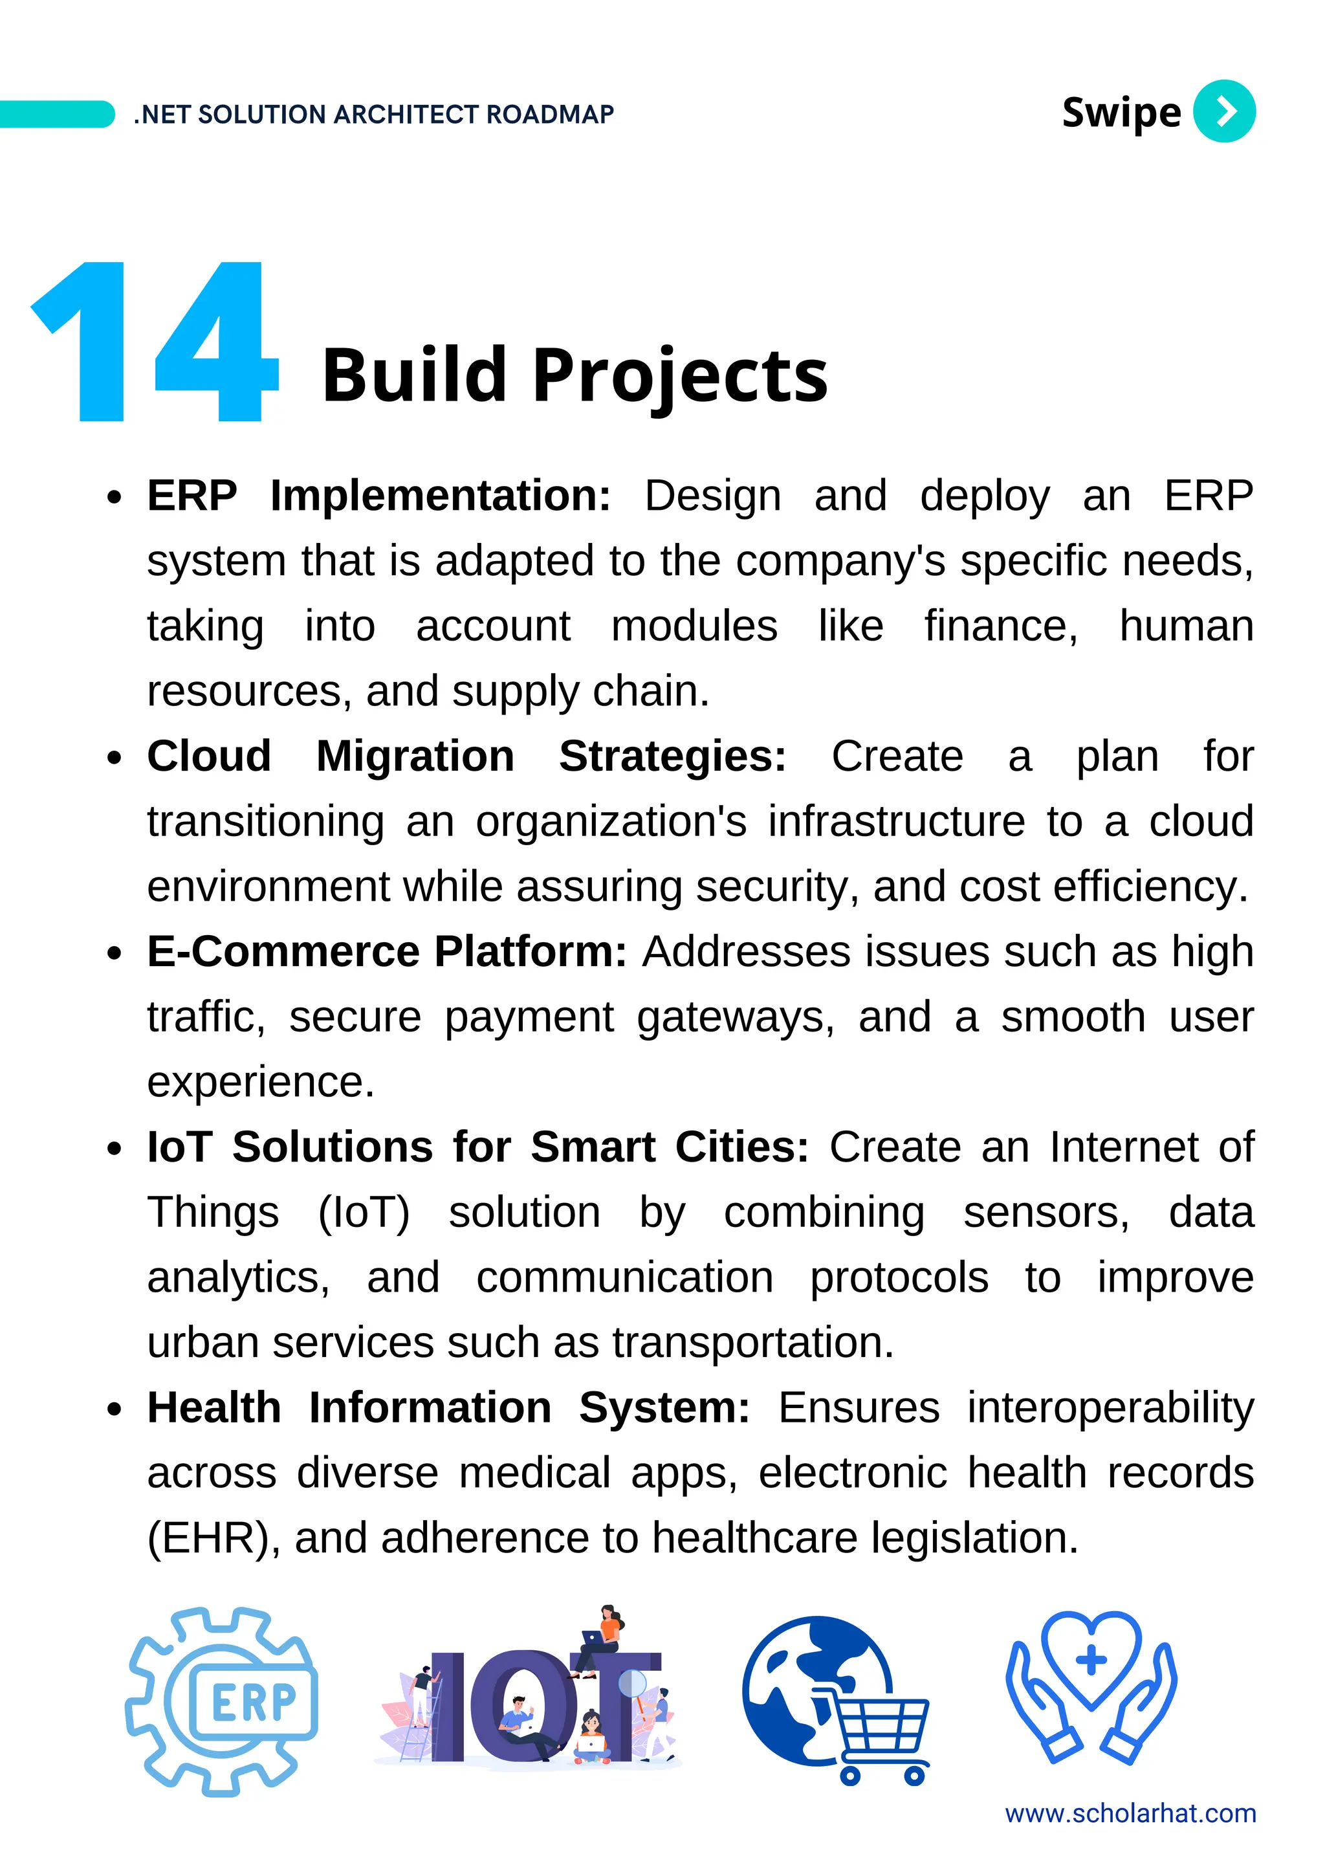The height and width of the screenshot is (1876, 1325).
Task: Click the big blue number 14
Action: point(155,342)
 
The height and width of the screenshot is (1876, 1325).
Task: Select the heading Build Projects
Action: point(575,375)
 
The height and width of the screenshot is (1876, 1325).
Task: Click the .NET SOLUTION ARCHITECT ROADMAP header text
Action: point(374,115)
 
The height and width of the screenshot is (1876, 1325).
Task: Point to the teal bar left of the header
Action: point(56,114)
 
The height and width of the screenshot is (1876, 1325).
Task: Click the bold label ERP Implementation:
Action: point(379,496)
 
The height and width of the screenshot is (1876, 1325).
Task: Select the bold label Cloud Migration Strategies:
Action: point(466,756)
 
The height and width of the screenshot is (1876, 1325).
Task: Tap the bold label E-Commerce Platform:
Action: point(386,951)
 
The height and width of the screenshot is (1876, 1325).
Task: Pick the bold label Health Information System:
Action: point(448,1408)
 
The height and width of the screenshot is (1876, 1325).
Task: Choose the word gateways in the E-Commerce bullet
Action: point(735,1017)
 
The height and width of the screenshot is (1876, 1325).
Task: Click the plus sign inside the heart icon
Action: point(1091,1661)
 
